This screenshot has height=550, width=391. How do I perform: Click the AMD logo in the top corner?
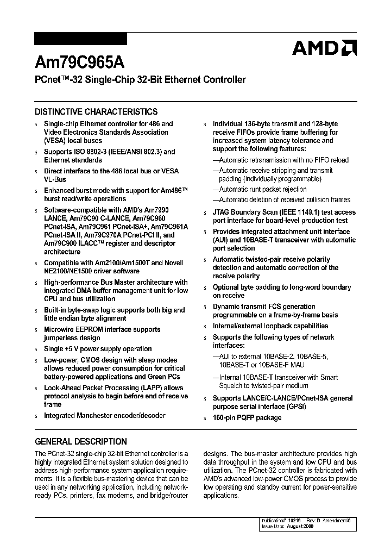coord(324,48)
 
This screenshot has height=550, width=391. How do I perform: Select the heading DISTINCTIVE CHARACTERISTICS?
coord(96,111)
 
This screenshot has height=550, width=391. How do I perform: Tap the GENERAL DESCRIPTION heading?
coord(81,441)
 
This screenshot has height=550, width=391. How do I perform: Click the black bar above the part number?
coord(80,39)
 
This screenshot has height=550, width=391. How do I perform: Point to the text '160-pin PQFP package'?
coord(247,418)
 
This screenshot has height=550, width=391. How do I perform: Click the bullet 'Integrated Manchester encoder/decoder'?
coord(104,416)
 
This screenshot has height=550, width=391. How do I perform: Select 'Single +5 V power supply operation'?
coord(98,349)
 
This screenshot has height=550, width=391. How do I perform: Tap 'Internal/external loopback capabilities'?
coord(270,326)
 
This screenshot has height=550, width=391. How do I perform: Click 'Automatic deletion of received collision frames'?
coord(285,200)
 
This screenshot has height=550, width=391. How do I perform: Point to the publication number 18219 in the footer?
coord(301,520)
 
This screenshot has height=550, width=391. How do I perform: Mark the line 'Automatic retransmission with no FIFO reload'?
coord(283,160)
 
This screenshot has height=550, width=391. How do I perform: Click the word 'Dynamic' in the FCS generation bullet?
coord(226,307)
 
